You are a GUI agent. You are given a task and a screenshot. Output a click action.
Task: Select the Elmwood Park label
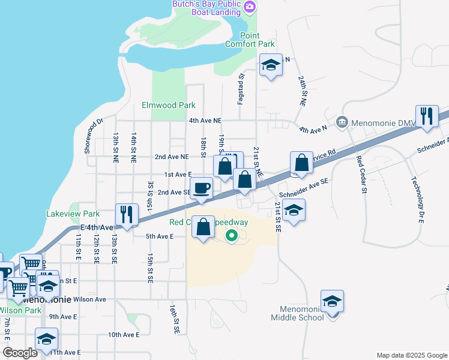[169, 105]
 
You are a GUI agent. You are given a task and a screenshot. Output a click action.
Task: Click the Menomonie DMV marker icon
[342, 122]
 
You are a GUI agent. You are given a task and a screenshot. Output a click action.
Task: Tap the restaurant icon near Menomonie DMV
[427, 115]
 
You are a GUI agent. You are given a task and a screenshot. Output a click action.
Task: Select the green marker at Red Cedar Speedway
[232, 235]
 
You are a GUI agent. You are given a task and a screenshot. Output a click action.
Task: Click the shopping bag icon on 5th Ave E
[203, 227]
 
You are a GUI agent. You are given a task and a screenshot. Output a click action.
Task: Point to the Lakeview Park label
[73, 214]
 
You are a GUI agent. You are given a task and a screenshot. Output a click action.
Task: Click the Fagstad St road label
[241, 89]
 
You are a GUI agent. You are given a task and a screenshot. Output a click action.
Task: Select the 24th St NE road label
[303, 91]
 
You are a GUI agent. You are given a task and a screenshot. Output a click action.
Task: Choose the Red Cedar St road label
[361, 175]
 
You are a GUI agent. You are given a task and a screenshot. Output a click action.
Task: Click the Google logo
[20, 353]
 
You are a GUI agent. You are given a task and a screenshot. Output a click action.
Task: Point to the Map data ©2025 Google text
[411, 355]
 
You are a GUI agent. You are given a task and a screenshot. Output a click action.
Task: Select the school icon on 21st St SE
[294, 211]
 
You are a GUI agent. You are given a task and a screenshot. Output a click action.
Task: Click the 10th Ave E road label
[124, 335]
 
